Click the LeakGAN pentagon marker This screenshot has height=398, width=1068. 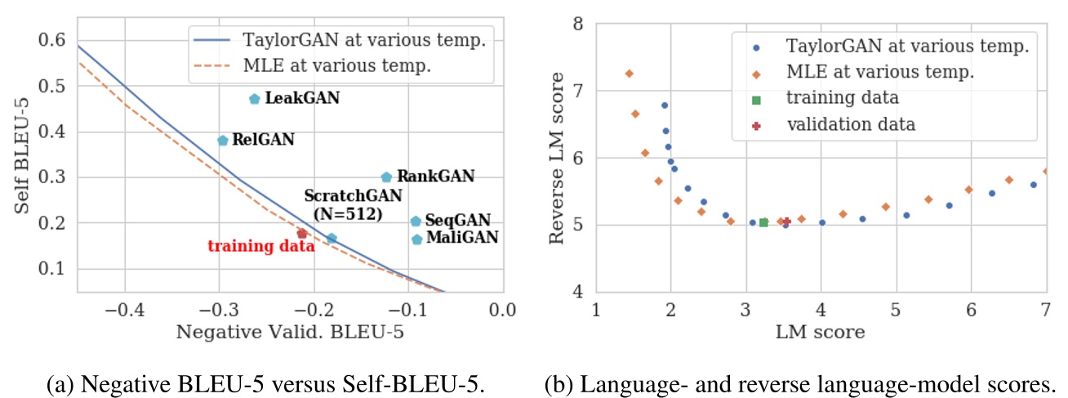[x=254, y=99]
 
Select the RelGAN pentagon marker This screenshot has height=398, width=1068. [x=222, y=141]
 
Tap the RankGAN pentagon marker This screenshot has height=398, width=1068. [x=386, y=177]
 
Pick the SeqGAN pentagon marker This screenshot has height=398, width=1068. [x=416, y=221]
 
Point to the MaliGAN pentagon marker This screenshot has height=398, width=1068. [x=417, y=239]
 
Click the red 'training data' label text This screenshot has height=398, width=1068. [x=260, y=246]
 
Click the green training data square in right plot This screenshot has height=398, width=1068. [x=763, y=222]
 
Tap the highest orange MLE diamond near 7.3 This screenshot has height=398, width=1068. [x=629, y=74]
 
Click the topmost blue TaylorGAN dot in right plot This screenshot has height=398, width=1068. [x=664, y=105]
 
